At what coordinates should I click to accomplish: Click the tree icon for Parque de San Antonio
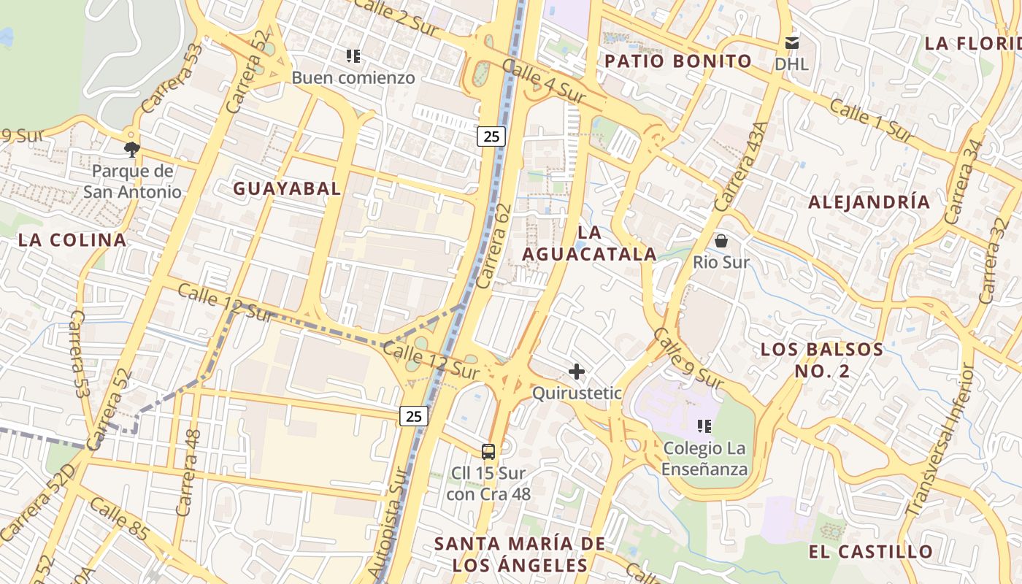131,150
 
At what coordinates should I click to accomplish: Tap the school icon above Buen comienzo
353,56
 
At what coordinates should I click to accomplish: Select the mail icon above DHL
791,42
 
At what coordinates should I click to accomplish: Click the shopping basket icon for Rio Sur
721,240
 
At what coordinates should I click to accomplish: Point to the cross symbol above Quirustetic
577,372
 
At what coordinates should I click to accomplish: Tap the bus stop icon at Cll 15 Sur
488,451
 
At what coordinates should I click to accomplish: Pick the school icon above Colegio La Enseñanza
704,426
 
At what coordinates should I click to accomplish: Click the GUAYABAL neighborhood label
287,188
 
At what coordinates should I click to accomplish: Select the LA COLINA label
72,239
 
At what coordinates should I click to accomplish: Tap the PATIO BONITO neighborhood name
678,61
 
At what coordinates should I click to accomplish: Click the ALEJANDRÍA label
869,202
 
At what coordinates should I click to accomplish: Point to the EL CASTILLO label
871,551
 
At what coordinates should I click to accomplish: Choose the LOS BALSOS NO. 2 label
822,360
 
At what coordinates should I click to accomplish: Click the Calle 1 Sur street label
872,120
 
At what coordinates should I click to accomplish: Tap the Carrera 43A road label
742,166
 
